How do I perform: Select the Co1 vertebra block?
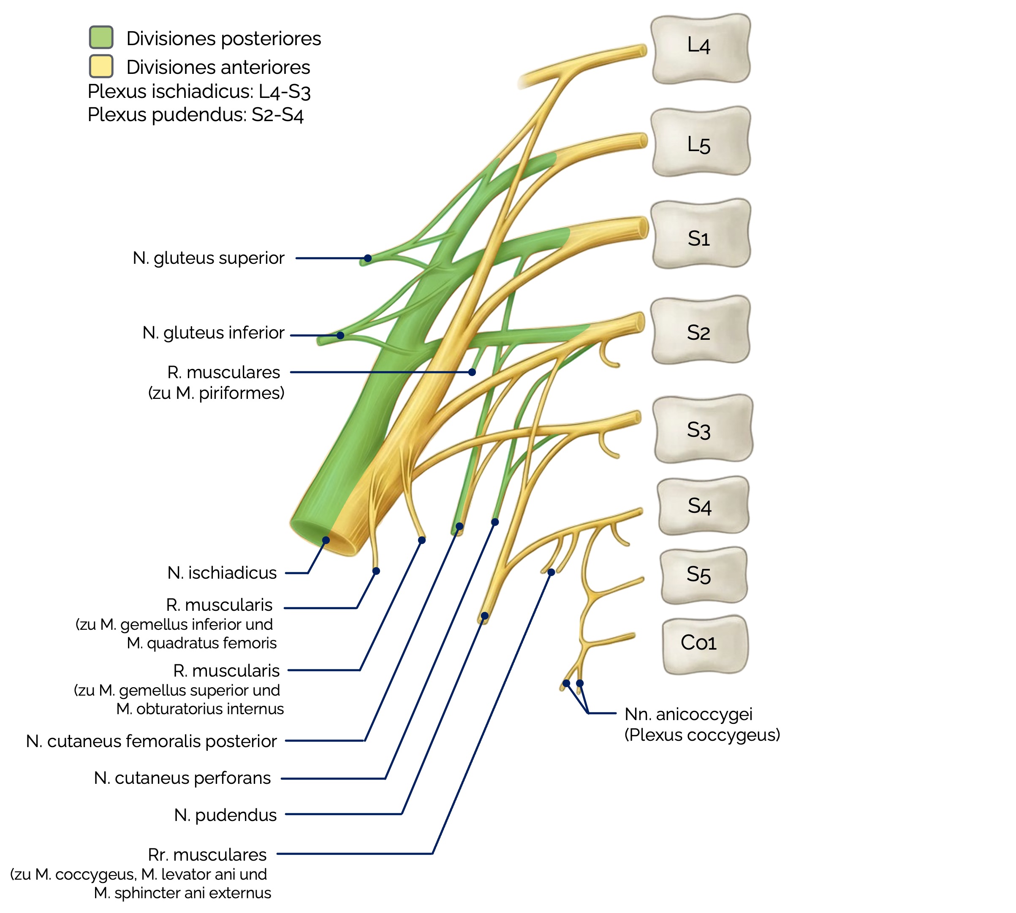click(x=704, y=645)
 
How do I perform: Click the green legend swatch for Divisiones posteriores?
click(x=101, y=38)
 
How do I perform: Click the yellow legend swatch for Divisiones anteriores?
click(x=101, y=66)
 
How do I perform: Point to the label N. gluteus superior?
click(x=208, y=258)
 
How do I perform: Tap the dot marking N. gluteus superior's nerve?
click(x=368, y=258)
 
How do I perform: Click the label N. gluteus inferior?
click(x=213, y=333)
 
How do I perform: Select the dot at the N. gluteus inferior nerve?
click(x=340, y=335)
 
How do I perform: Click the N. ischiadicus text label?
click(x=222, y=572)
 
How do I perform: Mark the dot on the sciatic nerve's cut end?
click(x=326, y=540)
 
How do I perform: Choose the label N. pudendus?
click(x=225, y=815)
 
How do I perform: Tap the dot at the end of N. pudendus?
click(x=484, y=615)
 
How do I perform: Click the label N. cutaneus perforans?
click(x=182, y=778)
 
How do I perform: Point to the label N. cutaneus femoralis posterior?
click(x=151, y=741)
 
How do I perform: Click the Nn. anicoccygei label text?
click(x=688, y=714)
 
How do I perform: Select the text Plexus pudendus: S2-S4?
click(x=196, y=115)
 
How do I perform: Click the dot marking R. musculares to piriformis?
click(x=472, y=372)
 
